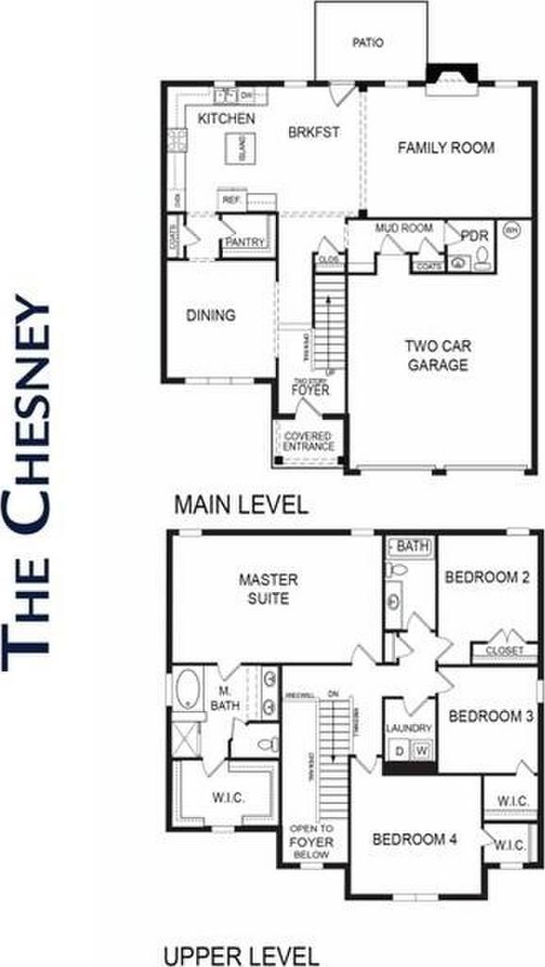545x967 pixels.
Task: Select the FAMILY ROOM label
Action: [x=446, y=148]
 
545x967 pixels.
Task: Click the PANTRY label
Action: [x=244, y=243]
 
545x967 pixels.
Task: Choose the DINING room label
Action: [x=210, y=315]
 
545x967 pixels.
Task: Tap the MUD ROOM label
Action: [x=403, y=229]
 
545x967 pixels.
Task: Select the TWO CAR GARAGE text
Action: [x=436, y=356]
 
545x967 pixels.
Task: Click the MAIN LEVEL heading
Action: [x=241, y=504]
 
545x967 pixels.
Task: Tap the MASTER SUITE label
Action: [x=268, y=589]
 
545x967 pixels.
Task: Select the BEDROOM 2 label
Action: [x=481, y=577]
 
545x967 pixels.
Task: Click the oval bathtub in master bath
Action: [x=187, y=690]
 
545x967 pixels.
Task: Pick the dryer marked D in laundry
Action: [x=400, y=751]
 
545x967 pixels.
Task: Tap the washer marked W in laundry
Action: [x=421, y=751]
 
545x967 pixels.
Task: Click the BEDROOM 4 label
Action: [x=415, y=839]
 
